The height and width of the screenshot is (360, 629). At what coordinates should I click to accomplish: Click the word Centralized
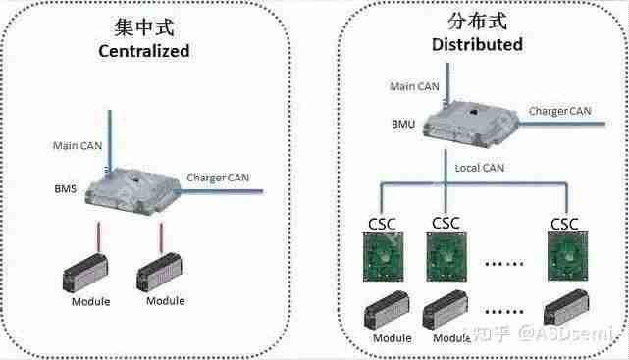point(143,51)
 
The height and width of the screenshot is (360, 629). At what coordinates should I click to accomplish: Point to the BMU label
point(401,126)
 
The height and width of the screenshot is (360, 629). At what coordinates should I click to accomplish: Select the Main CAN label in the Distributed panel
point(414,87)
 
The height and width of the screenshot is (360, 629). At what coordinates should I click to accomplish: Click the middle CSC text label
point(446,225)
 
